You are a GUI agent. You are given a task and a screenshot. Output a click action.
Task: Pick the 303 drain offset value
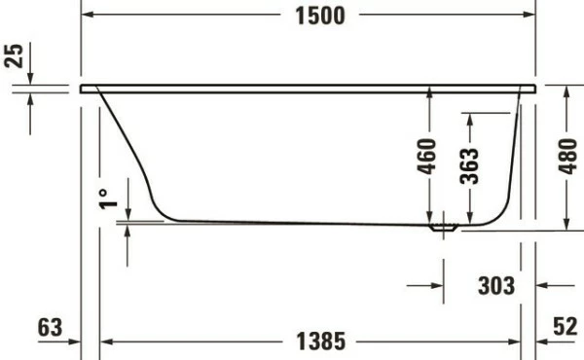pyautogui.click(x=496, y=285)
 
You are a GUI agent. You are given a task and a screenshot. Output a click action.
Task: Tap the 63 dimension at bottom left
pyautogui.click(x=49, y=327)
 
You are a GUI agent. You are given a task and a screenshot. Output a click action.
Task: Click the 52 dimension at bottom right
pyautogui.click(x=565, y=327)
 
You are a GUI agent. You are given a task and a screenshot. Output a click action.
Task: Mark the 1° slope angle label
pyautogui.click(x=109, y=198)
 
